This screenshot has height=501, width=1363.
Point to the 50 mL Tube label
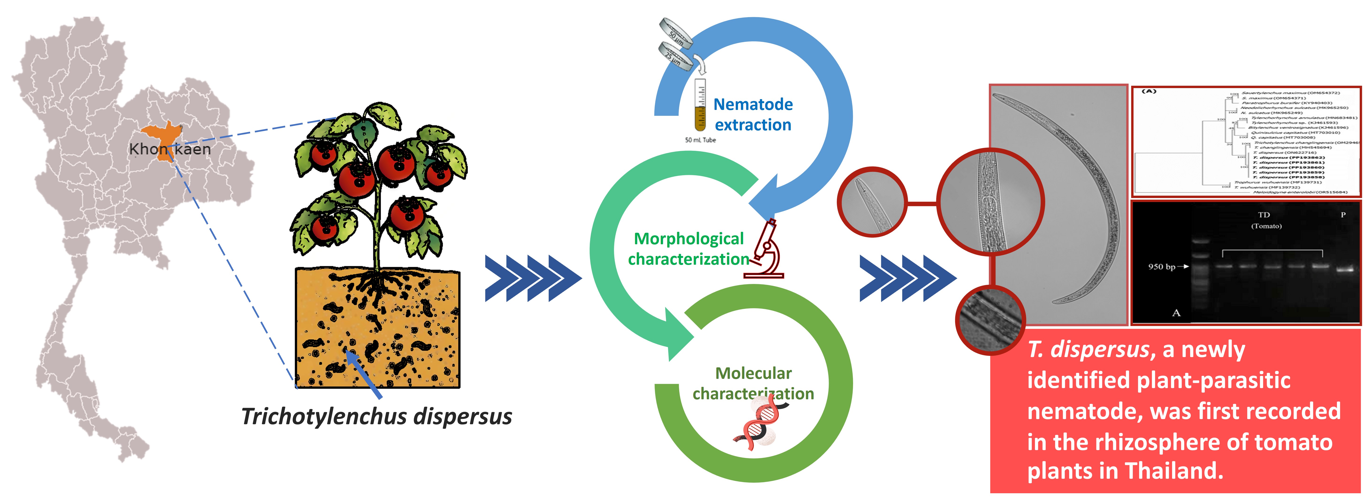(700, 140)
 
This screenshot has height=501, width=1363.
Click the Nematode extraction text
(753, 114)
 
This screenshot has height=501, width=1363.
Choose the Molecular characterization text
(753, 383)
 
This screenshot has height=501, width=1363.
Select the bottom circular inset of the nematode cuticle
(990, 320)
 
